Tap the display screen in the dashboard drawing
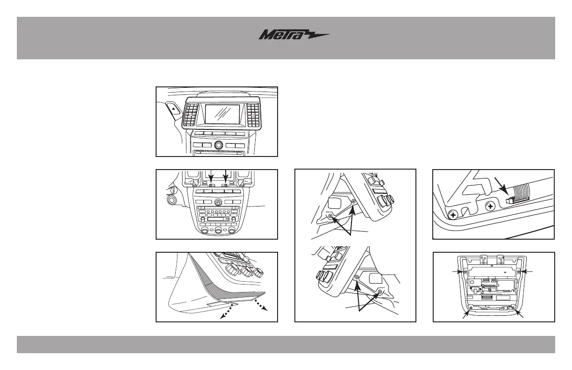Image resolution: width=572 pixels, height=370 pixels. coord(222,115)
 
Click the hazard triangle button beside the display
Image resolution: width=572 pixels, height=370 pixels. coord(173,109)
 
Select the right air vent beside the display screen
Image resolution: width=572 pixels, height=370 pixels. coord(253,115)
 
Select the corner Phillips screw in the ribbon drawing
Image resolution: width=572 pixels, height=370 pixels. coord(452,215)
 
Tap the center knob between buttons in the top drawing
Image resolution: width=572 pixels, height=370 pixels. coord(218,145)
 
